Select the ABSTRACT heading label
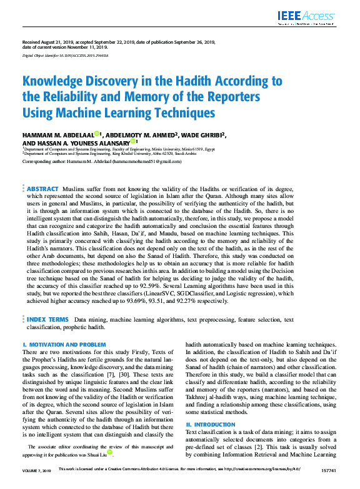pos(42,189)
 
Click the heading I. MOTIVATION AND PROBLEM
pos(64,344)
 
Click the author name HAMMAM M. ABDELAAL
pos(58,134)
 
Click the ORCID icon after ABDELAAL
pos(97,134)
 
